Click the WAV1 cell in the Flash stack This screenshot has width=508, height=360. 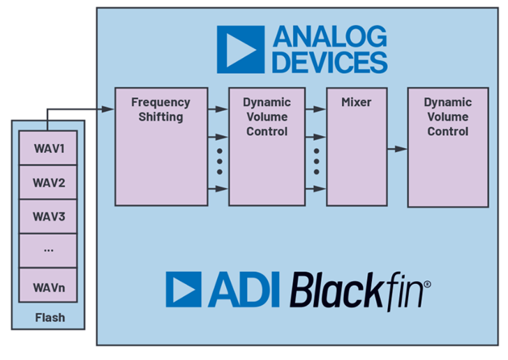[x=49, y=149]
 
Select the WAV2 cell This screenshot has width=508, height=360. [x=49, y=183]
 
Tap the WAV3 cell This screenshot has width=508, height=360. [x=49, y=216]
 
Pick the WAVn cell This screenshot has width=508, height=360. [x=49, y=286]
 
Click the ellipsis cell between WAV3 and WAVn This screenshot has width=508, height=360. [x=49, y=250]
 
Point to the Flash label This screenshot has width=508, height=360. [x=49, y=317]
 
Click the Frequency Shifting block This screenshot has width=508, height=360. [x=161, y=147]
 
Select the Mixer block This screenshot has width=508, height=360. [x=357, y=147]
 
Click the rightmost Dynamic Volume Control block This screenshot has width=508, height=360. [x=447, y=147]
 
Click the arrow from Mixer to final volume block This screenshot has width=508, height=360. [x=398, y=149]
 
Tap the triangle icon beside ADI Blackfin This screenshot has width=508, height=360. [x=184, y=290]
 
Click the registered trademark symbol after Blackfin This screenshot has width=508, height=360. [x=427, y=285]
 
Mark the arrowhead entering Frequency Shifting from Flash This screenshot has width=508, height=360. [x=110, y=109]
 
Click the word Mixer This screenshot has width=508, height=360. [x=357, y=103]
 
